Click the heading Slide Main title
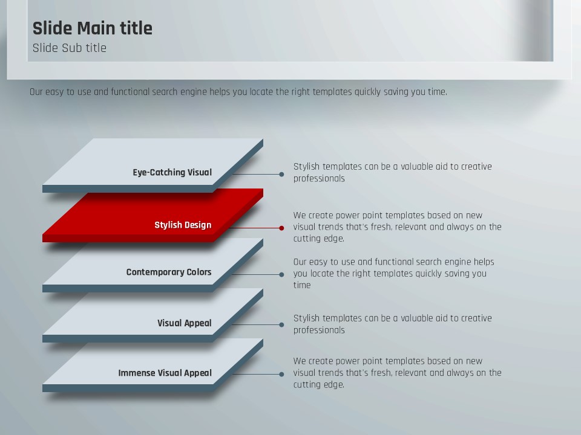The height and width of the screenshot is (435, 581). click(92, 28)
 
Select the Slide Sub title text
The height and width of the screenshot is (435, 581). click(69, 48)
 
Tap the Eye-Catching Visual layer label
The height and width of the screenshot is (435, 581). click(172, 172)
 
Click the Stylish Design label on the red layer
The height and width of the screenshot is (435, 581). click(183, 225)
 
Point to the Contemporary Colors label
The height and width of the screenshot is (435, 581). click(169, 272)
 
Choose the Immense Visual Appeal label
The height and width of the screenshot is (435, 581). click(165, 373)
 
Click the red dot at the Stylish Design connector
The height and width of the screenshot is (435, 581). click(281, 228)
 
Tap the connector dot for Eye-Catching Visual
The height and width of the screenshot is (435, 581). click(281, 174)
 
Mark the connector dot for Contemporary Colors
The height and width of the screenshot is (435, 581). click(281, 275)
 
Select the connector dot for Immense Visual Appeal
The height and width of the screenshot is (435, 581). click(281, 375)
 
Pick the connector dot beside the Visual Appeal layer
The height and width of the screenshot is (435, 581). click(281, 325)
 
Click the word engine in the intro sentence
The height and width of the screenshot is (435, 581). click(194, 92)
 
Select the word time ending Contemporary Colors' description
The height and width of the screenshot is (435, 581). click(302, 285)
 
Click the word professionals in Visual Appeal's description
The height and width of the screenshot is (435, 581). click(319, 330)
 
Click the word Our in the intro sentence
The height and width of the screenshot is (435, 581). click(36, 92)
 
